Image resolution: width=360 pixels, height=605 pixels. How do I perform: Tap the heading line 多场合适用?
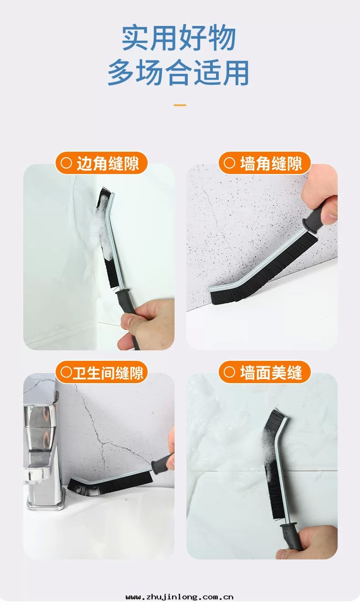click(178, 72)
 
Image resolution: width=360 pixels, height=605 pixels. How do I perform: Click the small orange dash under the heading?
click(180, 105)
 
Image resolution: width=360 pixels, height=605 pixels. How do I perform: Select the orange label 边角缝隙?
click(102, 163)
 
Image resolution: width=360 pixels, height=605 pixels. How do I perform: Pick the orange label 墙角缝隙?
click(265, 163)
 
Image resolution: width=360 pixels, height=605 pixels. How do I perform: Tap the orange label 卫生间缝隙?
click(102, 372)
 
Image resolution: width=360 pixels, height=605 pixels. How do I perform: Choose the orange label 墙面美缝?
click(265, 372)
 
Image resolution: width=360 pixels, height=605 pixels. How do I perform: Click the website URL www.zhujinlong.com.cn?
click(180, 597)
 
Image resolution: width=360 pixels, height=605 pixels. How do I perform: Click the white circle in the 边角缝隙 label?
click(66, 163)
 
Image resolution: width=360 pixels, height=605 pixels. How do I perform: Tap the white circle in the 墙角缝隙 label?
click(229, 163)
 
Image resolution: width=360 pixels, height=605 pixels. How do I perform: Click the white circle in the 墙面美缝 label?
click(229, 372)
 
